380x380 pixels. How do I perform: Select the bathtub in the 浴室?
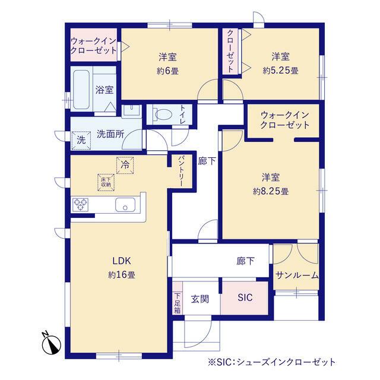[x=81, y=90]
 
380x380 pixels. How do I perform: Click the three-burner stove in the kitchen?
[x=80, y=205]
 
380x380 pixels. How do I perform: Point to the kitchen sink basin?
[x=125, y=205]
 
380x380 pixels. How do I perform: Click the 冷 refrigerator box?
[x=125, y=165]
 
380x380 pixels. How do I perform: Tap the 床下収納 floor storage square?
[x=106, y=182]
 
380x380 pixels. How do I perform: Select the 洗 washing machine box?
[x=81, y=140]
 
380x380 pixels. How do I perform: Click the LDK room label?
[x=122, y=261]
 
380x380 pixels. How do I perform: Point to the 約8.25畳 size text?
[x=271, y=191]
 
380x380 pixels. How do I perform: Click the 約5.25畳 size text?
[x=281, y=71]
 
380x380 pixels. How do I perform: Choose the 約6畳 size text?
[x=167, y=71]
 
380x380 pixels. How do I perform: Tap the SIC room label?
[x=245, y=297]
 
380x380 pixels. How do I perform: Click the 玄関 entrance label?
[x=200, y=299]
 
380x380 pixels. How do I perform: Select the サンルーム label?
[x=297, y=275]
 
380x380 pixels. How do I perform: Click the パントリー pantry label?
[x=182, y=172]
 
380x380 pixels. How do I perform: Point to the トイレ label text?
[x=182, y=115]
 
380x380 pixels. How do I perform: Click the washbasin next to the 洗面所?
[x=131, y=112]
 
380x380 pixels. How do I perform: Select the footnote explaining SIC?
[x=272, y=362]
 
